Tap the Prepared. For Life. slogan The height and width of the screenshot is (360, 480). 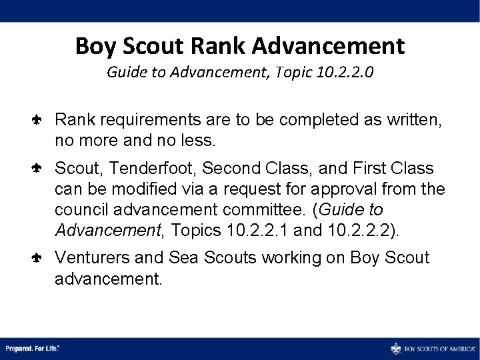[32, 349]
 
